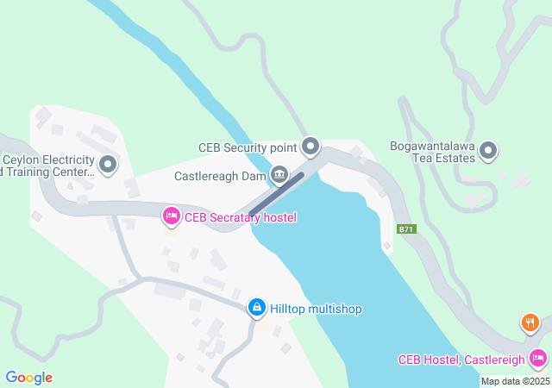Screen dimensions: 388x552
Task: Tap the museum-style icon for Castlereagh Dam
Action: tap(279, 175)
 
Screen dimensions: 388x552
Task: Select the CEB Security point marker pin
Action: tap(311, 147)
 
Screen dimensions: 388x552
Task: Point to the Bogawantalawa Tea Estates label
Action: tap(432, 152)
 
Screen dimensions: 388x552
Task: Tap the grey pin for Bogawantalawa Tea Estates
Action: tap(488, 152)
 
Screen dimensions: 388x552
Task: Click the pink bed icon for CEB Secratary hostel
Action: tap(171, 216)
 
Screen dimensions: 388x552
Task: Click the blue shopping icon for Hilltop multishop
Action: tap(256, 308)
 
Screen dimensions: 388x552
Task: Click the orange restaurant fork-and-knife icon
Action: tap(530, 324)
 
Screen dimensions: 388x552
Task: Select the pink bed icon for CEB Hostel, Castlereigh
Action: tap(538, 357)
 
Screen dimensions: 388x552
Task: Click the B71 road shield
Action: tap(406, 229)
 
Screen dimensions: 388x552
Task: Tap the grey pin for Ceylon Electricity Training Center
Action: tap(108, 164)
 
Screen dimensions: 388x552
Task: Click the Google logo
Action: tap(28, 377)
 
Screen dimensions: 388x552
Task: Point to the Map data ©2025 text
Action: tap(514, 381)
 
